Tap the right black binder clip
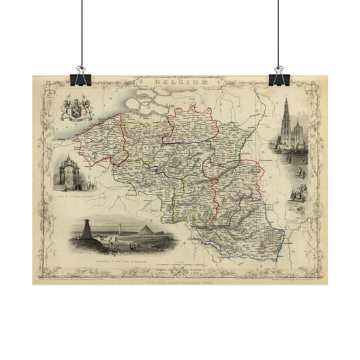278,75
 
